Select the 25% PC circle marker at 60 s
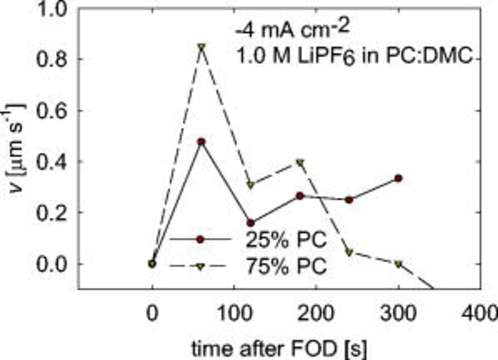pyautogui.click(x=202, y=142)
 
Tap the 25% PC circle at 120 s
pyautogui.click(x=251, y=223)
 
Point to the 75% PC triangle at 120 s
pyautogui.click(x=251, y=185)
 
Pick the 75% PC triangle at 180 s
pyautogui.click(x=300, y=162)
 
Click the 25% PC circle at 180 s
pyautogui.click(x=300, y=196)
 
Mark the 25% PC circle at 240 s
pyautogui.click(x=349, y=200)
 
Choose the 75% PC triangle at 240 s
pyautogui.click(x=349, y=252)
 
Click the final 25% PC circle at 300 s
pyautogui.click(x=398, y=178)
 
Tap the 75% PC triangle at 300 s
pyautogui.click(x=398, y=264)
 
